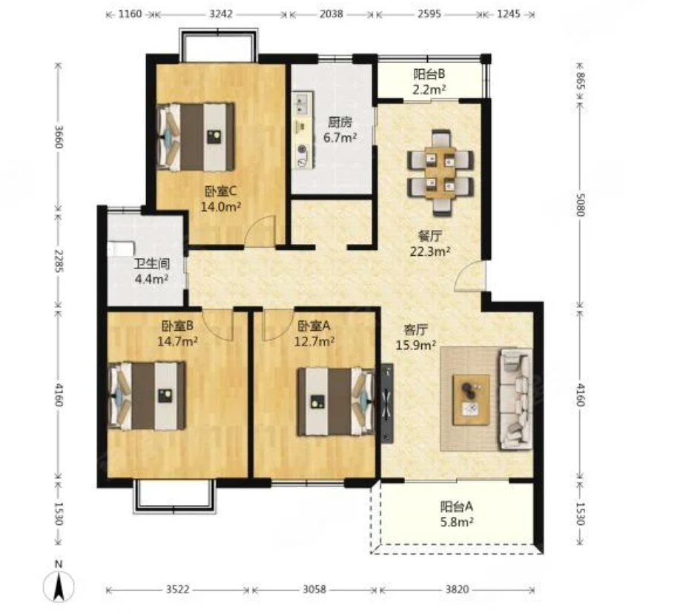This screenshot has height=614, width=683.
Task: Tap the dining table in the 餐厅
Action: coord(441,173)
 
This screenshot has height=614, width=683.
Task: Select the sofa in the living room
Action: coord(515,399)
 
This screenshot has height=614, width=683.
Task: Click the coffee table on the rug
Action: coord(471,400)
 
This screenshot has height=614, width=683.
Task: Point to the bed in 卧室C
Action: coord(196,136)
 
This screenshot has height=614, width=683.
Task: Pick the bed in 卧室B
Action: coord(147,395)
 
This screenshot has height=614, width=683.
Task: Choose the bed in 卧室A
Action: coord(336,401)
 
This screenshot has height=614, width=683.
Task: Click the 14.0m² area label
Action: coord(221,207)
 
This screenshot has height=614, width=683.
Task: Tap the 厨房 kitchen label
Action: coord(340,122)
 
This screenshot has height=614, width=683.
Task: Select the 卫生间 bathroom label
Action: coord(151,263)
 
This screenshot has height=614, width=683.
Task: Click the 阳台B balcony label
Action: coord(429,74)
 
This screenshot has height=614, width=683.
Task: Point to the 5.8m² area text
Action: coord(457,522)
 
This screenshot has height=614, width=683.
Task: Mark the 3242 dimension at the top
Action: coord(221,14)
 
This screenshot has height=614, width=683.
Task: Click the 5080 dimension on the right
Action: coord(581,204)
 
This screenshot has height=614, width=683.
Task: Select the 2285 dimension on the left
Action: coord(59,261)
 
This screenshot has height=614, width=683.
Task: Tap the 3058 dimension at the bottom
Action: coord(314,590)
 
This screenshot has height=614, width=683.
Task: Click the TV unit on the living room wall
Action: coord(387,403)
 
